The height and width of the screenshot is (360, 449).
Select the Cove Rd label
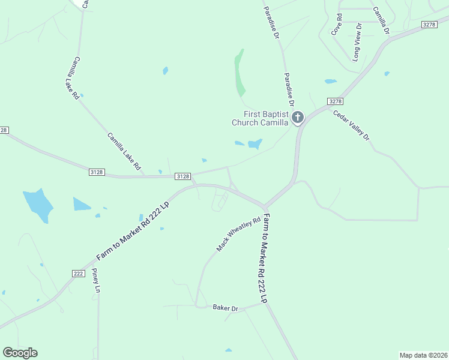click(337, 25)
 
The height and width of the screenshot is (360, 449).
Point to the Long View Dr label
click(358, 42)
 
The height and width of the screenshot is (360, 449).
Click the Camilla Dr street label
click(381, 20)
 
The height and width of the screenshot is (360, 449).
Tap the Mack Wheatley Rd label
click(239, 234)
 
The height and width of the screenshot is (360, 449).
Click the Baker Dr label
click(226, 308)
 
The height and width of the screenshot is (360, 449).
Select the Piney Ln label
click(95, 281)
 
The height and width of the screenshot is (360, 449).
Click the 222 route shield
click(78, 273)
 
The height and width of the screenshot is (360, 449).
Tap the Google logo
click(20, 353)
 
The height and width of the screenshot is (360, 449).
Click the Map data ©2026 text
click(423, 355)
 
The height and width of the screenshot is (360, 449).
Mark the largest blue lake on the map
click(37, 204)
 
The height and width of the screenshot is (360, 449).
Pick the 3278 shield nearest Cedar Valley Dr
click(335, 101)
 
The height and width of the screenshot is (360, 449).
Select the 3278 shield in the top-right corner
click(429, 24)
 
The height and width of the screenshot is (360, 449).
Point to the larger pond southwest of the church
click(255, 144)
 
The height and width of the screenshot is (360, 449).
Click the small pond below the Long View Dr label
click(331, 81)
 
